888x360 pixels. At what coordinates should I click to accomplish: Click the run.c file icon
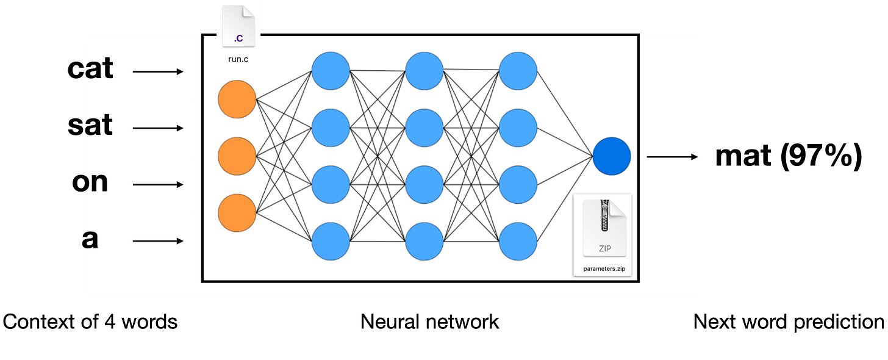pyautogui.click(x=238, y=27)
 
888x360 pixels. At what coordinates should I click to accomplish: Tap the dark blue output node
pyautogui.click(x=611, y=157)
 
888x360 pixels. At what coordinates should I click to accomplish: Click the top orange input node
pyautogui.click(x=237, y=100)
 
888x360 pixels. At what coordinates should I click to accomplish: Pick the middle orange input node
pyautogui.click(x=237, y=157)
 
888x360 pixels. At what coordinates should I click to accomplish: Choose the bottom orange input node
pyautogui.click(x=237, y=214)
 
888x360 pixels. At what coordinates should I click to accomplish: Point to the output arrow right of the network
pyautogui.click(x=671, y=157)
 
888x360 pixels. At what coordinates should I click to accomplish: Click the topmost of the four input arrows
pyautogui.click(x=158, y=72)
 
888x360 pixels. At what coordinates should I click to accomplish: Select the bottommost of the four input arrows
pyautogui.click(x=158, y=241)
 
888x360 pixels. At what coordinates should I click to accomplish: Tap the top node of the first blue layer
pyautogui.click(x=331, y=71)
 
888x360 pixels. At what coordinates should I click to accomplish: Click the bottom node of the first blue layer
pyautogui.click(x=331, y=241)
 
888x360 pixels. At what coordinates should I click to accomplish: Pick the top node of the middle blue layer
pyautogui.click(x=424, y=71)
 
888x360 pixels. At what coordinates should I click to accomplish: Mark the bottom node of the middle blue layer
pyautogui.click(x=424, y=241)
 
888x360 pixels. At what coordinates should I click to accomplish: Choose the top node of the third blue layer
pyautogui.click(x=518, y=71)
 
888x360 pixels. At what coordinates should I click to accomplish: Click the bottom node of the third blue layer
pyautogui.click(x=518, y=241)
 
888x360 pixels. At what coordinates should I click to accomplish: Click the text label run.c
pyautogui.click(x=238, y=59)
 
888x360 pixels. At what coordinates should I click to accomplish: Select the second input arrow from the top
pyautogui.click(x=158, y=128)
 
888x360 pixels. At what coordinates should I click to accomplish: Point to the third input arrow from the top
pyautogui.click(x=158, y=185)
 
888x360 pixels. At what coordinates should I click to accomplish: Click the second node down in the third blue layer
pyautogui.click(x=518, y=128)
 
